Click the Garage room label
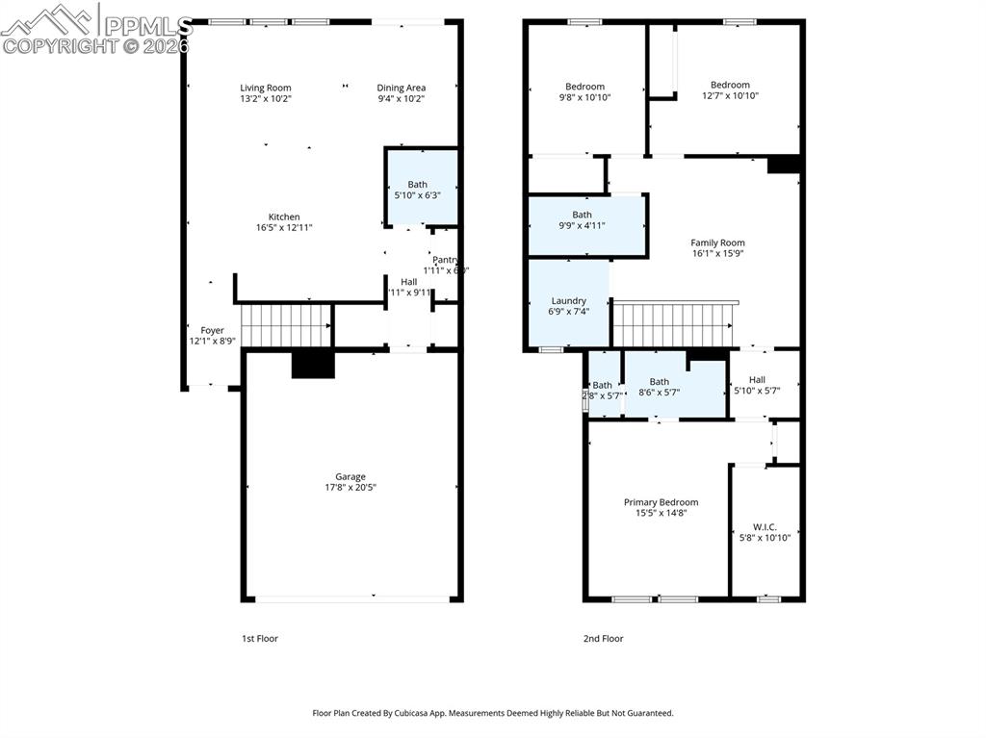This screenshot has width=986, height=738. (350, 476)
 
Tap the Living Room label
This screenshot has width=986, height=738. (266, 88)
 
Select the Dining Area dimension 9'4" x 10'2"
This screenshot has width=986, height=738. (401, 98)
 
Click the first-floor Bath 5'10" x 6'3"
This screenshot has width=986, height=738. (417, 190)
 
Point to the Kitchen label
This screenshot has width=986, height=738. (284, 217)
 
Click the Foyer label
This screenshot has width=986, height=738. (212, 330)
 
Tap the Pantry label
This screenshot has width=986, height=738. (445, 260)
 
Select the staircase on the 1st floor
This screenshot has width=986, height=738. (284, 325)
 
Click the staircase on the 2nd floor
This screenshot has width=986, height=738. (675, 323)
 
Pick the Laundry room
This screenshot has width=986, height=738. (568, 305)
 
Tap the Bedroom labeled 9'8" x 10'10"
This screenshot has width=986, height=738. (584, 91)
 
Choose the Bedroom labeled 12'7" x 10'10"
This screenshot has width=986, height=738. (729, 89)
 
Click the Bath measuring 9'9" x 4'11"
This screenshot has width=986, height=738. (583, 220)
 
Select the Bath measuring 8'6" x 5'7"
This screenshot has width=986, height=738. (659, 387)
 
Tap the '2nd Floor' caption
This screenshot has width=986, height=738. (603, 638)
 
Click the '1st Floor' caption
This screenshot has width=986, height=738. (259, 638)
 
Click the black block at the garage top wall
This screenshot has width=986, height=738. (313, 364)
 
